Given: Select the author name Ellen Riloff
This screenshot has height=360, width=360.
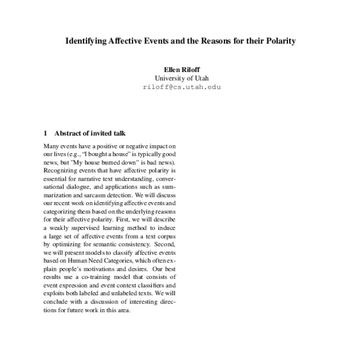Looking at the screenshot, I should click(x=179, y=70).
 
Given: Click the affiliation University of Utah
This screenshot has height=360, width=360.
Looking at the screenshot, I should click(x=179, y=78).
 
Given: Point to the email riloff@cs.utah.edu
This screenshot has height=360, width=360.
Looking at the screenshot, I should click(x=179, y=87).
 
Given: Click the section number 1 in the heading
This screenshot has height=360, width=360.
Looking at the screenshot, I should click(x=46, y=133).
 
